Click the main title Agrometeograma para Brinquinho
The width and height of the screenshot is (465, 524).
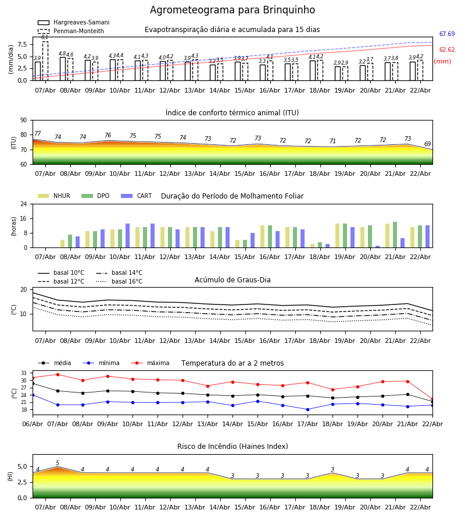[x=233, y=10]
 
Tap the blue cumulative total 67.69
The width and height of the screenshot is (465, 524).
[x=446, y=34]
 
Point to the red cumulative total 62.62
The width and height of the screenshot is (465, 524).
[x=446, y=50]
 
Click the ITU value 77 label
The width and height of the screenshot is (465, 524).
[x=38, y=134]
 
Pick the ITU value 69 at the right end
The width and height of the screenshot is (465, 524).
[x=427, y=144]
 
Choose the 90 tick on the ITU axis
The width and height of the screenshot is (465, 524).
[x=23, y=121]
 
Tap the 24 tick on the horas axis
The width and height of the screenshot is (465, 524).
[x=23, y=204]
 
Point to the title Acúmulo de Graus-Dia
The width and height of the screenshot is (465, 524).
[x=233, y=280]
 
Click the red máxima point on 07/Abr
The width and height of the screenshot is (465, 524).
[x=58, y=374]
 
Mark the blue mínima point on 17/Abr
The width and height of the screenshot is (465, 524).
[x=307, y=409]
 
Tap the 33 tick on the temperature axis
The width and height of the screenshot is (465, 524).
[x=24, y=373]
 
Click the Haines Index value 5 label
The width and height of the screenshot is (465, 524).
[x=58, y=463]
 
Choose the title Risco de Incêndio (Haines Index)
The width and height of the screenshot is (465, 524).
[x=233, y=447]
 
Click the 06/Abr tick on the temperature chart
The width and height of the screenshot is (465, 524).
[x=33, y=423]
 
